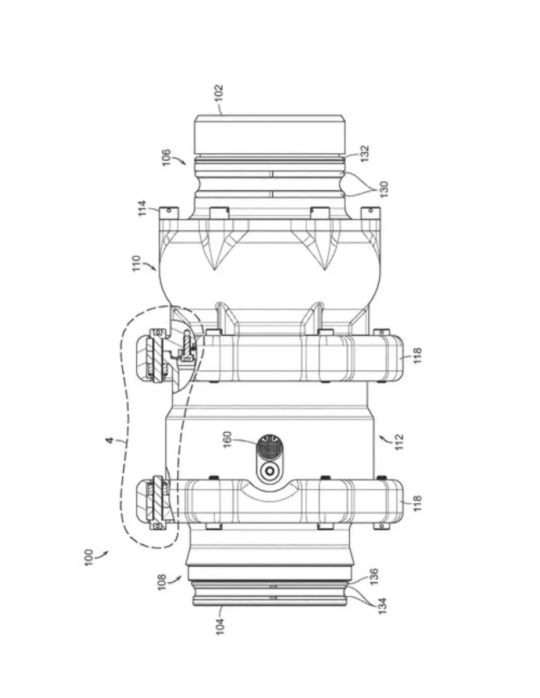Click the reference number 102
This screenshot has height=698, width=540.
tap(219, 93)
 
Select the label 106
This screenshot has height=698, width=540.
tap(166, 157)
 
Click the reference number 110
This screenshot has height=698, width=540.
tap(137, 263)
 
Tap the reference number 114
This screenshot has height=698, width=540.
tap(142, 209)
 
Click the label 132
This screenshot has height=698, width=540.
tap(365, 154)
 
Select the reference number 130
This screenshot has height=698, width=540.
tap(383, 190)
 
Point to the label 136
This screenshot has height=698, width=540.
tap(374, 577)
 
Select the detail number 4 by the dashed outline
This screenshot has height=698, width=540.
tap(110, 440)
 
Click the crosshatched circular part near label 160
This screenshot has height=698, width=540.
tap(269, 448)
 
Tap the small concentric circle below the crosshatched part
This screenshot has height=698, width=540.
tap(269, 472)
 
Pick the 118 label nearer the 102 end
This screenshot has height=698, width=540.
tap(417, 356)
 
